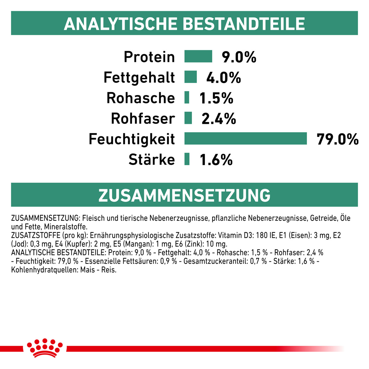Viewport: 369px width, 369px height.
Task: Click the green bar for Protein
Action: pyautogui.click(x=198, y=57)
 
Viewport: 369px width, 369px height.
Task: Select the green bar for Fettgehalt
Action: pyautogui.click(x=190, y=77)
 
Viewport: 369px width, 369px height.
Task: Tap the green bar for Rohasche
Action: pyautogui.click(x=187, y=97)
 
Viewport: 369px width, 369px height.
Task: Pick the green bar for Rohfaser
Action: pyautogui.click(x=188, y=118)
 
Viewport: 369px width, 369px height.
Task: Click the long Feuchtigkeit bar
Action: pyautogui.click(x=245, y=138)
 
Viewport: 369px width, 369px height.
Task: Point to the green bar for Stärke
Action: pyautogui.click(x=187, y=159)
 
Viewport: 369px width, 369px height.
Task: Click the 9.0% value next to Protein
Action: pyautogui.click(x=239, y=57)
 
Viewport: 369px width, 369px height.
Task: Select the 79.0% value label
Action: pyautogui.click(x=337, y=139)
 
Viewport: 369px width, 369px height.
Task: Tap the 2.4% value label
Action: pyautogui.click(x=219, y=119)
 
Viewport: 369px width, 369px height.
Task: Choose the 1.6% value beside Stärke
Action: pyautogui.click(x=216, y=160)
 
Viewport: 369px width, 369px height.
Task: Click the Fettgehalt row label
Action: pyautogui.click(x=139, y=77)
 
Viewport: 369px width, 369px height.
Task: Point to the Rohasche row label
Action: pyautogui.click(x=141, y=98)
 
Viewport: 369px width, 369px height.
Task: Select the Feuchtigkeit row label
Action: pyautogui.click(x=132, y=139)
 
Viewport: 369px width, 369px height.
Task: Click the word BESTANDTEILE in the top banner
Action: pyautogui.click(x=244, y=24)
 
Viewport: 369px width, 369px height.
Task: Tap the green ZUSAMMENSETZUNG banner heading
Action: pyautogui.click(x=184, y=195)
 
